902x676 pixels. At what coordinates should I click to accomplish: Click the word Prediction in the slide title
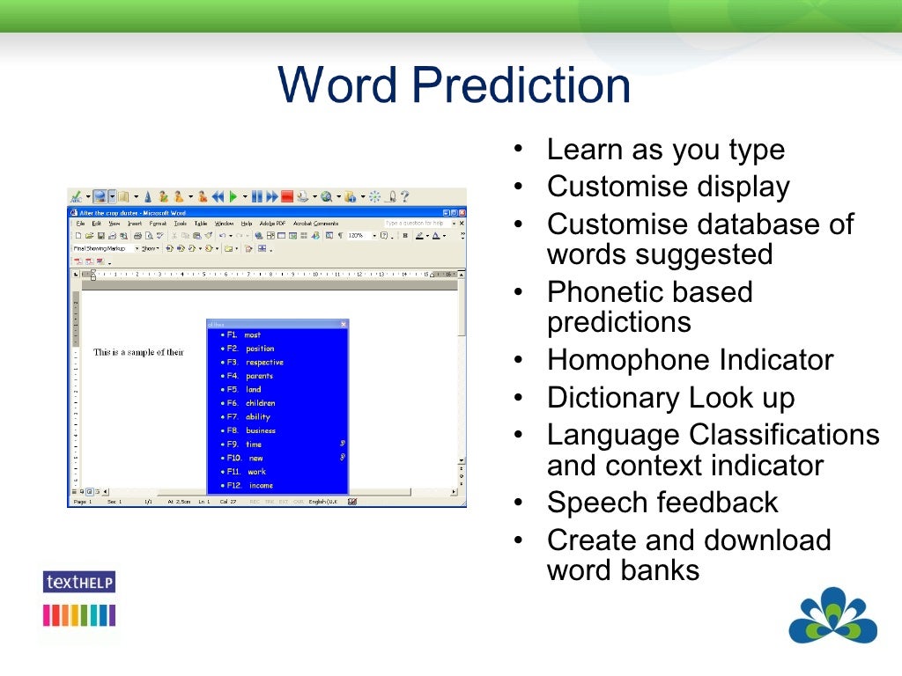(521, 86)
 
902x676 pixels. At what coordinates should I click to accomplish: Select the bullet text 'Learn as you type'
(665, 150)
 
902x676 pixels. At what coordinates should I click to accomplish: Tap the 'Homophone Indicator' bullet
(690, 360)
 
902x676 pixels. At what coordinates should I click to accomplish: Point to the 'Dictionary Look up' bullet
(670, 398)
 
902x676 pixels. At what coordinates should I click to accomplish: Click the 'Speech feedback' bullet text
(662, 503)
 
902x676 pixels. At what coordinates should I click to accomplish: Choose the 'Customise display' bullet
(668, 187)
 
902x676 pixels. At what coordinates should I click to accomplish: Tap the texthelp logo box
(79, 582)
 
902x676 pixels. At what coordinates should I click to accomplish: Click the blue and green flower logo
(832, 616)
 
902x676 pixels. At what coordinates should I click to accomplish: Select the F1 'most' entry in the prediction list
(252, 335)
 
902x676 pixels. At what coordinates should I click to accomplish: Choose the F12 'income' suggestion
(261, 486)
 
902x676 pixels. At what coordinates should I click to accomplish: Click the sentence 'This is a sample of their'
(138, 353)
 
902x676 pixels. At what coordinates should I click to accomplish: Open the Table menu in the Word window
(201, 224)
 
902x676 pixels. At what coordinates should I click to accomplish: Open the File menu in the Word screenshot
(80, 224)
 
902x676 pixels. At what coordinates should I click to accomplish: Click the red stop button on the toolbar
(286, 197)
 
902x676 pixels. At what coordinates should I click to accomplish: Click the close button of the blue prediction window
(344, 324)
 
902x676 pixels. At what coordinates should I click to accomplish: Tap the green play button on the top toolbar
(233, 197)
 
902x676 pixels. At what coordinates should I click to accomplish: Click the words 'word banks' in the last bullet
(623, 570)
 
